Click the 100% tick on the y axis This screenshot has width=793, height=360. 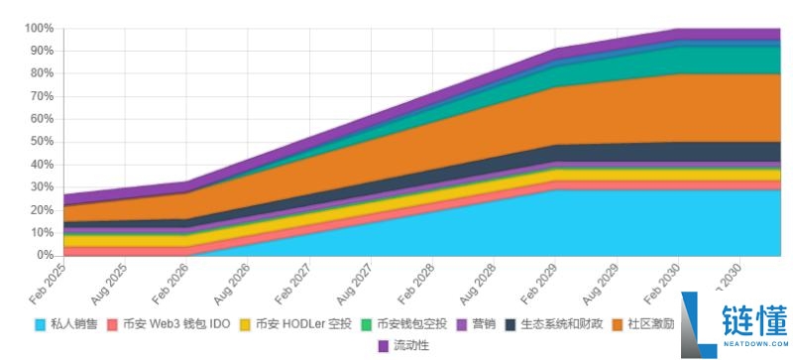coord(39,28)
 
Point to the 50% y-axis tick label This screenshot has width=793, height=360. coord(42,142)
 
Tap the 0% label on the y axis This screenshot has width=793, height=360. coord(46,255)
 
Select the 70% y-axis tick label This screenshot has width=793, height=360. coord(42,96)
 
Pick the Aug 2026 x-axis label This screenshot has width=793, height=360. coord(232,284)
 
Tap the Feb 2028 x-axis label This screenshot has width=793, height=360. coord(415,284)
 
